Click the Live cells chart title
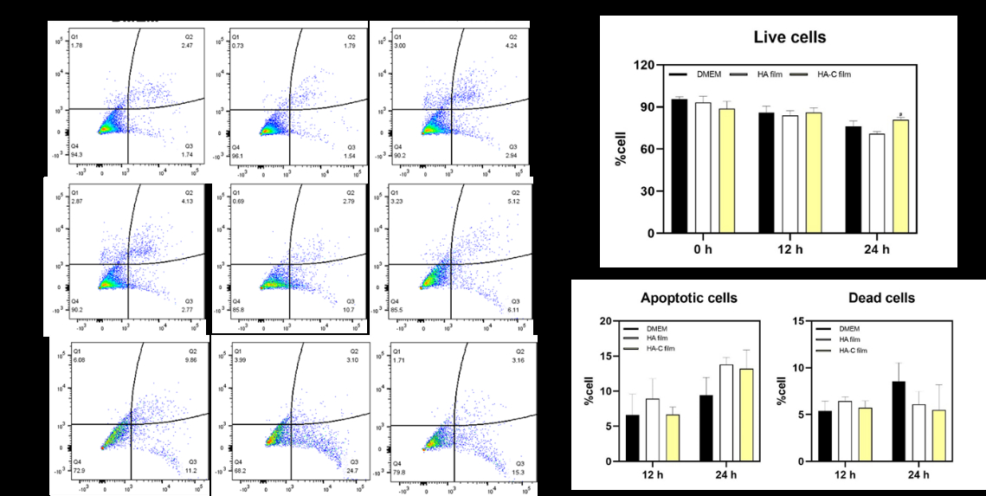(x=789, y=37)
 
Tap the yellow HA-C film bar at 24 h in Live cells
(x=900, y=177)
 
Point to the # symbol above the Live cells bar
(x=900, y=115)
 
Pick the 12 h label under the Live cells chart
(x=789, y=250)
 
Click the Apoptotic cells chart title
(x=689, y=298)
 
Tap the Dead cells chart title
(x=885, y=298)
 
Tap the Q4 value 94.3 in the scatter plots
(x=77, y=154)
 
